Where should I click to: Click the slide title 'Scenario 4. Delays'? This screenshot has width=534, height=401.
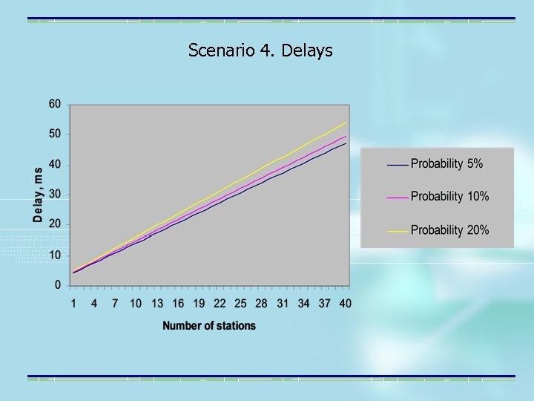click(260, 50)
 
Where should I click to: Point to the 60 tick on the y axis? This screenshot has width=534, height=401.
click(55, 104)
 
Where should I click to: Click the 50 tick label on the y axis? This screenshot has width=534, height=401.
click(55, 134)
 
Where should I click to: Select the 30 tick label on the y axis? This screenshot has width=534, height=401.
click(55, 195)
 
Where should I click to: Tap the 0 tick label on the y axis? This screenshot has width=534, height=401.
click(58, 285)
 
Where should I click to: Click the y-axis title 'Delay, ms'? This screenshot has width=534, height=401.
click(38, 195)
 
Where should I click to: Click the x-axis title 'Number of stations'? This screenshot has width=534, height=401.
click(209, 325)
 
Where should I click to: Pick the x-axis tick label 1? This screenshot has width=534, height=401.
click(73, 303)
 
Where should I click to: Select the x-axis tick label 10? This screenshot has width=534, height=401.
click(136, 303)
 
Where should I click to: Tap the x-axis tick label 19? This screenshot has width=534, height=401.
click(199, 303)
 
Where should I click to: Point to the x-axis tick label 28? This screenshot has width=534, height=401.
click(262, 303)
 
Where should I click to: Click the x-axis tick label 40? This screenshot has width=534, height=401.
click(346, 303)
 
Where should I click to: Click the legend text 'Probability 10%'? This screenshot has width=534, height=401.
click(450, 197)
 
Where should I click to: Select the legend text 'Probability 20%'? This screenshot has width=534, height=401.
click(450, 230)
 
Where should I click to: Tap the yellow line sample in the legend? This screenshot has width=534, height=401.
click(398, 231)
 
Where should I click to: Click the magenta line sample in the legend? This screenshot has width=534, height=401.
click(398, 198)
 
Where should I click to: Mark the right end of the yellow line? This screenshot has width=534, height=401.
click(346, 123)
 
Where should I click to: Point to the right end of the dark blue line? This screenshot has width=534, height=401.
click(346, 143)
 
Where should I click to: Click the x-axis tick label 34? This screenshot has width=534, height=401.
click(304, 303)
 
